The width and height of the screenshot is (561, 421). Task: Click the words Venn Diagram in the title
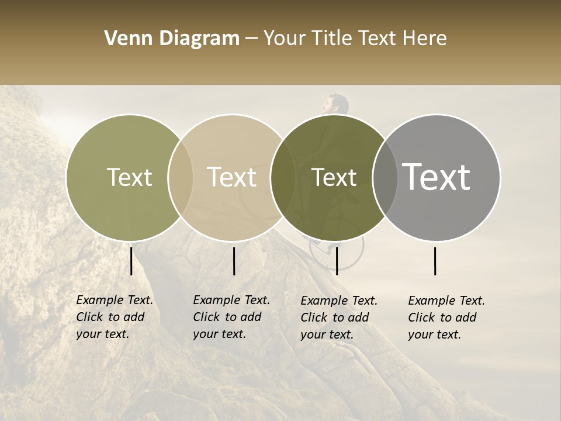click(x=172, y=39)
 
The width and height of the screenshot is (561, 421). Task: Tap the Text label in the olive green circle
click(x=129, y=178)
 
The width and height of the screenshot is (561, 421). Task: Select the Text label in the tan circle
click(x=231, y=178)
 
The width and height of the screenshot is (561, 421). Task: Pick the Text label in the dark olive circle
click(x=334, y=178)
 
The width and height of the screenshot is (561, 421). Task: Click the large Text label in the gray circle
click(x=437, y=177)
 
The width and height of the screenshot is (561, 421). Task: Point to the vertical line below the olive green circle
click(x=131, y=261)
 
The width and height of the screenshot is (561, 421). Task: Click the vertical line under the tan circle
click(x=234, y=261)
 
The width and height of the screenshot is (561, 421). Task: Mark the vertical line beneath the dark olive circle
click(x=337, y=261)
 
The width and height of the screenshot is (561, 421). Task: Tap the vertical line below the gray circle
click(x=435, y=261)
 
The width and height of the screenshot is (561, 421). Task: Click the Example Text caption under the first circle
click(x=115, y=317)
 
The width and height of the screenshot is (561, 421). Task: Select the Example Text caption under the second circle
click(x=231, y=317)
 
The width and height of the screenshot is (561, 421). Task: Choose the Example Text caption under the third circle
click(x=339, y=318)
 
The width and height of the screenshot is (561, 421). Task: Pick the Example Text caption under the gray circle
click(x=446, y=318)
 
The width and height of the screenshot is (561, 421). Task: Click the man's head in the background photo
click(x=335, y=105)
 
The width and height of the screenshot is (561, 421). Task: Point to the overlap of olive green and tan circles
click(x=181, y=178)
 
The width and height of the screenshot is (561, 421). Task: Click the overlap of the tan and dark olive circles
click(x=283, y=178)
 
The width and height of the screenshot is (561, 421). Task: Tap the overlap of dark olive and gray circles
click(x=385, y=178)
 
